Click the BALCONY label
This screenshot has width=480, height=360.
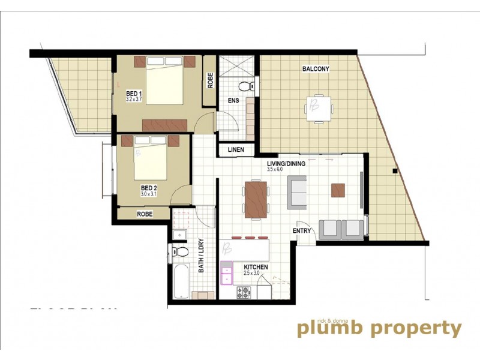pos(316,69)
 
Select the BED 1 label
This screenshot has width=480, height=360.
pos(133,94)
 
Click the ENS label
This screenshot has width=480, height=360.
pos(233,101)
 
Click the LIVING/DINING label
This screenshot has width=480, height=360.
pos(286,163)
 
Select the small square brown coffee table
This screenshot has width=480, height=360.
pos(338,190)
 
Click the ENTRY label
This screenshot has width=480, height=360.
pos(302,231)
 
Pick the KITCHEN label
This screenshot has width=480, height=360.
pos(256,267)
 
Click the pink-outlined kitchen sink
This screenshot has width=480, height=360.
pos(227,276)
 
